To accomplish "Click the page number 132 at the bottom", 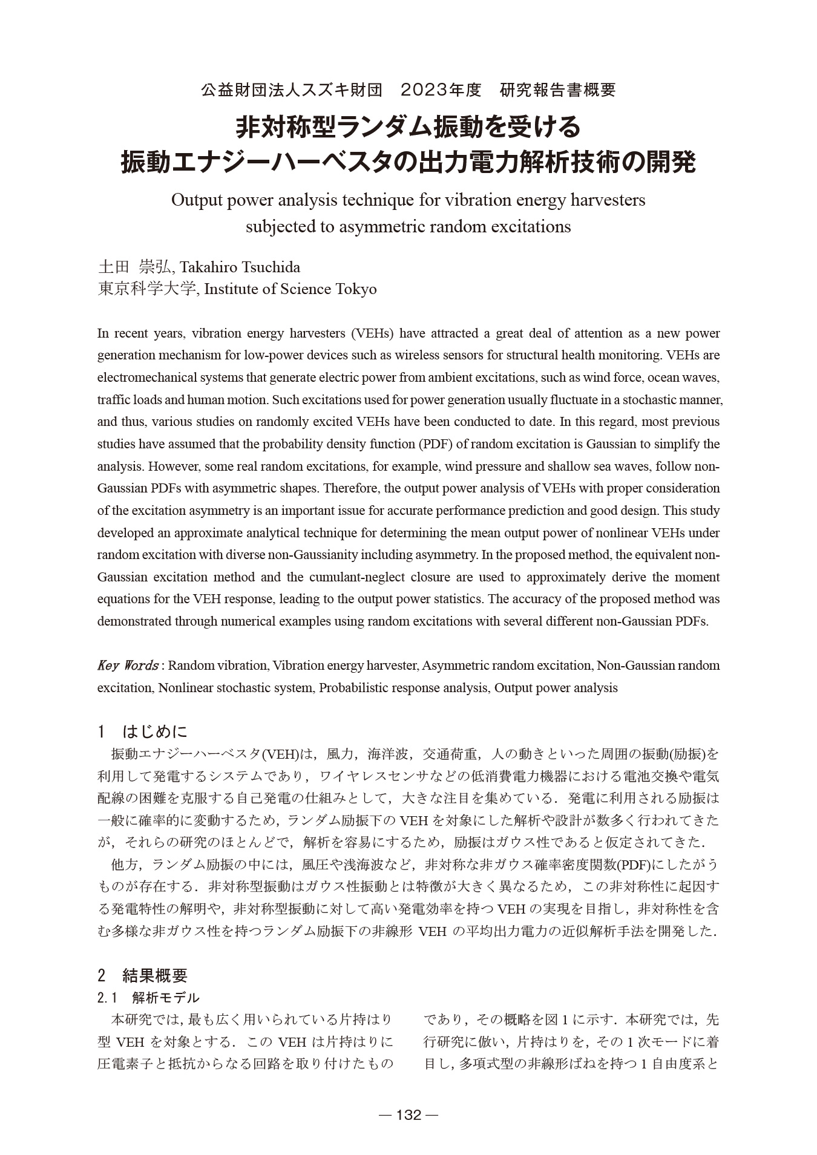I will [x=408, y=1115].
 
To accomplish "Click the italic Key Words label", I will [x=128, y=666].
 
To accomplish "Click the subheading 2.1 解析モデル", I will [x=148, y=997].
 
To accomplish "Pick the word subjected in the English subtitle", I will [x=276, y=227].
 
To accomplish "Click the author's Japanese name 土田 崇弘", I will [x=134, y=267].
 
